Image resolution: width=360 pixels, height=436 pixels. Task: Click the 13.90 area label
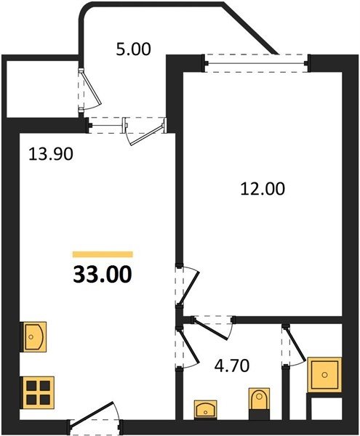click(51, 154)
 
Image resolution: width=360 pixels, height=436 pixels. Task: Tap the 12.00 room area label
click(263, 189)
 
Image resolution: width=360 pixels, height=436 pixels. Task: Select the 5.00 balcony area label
click(133, 49)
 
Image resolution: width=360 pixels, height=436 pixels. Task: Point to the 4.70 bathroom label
click(232, 366)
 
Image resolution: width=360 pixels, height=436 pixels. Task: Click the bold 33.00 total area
click(103, 275)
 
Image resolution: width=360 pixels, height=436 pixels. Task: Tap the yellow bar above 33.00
click(103, 254)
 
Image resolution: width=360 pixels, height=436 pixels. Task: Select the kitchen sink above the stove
click(34, 336)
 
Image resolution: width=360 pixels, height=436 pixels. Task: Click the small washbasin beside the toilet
click(205, 409)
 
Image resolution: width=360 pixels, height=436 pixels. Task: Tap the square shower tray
click(324, 375)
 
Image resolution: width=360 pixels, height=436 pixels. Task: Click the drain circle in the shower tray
click(324, 375)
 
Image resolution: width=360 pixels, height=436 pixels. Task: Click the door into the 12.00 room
click(188, 288)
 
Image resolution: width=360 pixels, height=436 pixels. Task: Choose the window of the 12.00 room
click(257, 63)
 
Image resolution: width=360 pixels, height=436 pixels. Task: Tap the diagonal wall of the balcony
click(250, 28)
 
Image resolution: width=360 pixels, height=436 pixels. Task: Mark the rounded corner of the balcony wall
click(85, 9)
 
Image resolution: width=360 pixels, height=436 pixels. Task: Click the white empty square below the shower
click(327, 408)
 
